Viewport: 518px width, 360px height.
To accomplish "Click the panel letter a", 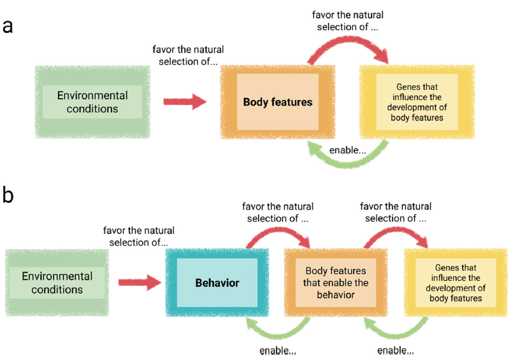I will (x=8, y=26).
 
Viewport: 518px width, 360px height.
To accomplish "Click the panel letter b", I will (x=8, y=194).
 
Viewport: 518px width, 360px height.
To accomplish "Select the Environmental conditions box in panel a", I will (x=92, y=101).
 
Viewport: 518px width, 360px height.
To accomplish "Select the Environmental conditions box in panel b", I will (x=57, y=283).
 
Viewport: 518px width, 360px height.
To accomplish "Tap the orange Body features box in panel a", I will (x=278, y=102).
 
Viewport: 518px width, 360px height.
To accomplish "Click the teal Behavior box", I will (x=217, y=282).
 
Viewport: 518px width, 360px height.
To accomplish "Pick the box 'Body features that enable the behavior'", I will (x=336, y=282).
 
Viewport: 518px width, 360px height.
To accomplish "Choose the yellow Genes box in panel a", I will (x=417, y=102).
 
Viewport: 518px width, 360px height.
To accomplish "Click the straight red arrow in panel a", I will (x=185, y=101).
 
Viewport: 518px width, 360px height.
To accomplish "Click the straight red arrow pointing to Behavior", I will (x=140, y=282).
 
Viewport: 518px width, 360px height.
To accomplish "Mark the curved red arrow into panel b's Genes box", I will (x=396, y=233).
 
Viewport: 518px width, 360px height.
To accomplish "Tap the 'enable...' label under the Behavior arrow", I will (x=278, y=351).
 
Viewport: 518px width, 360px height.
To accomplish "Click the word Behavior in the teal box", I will (x=217, y=282).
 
